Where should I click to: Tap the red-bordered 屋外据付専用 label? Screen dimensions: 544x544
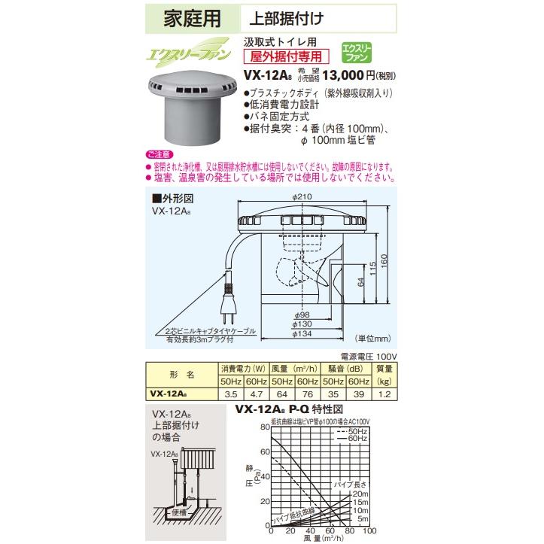(279, 55)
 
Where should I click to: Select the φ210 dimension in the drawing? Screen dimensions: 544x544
(302, 197)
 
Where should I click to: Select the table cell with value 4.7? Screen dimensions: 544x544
(254, 394)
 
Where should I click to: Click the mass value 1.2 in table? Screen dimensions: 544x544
(384, 394)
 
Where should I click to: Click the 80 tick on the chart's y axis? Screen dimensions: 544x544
(264, 426)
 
